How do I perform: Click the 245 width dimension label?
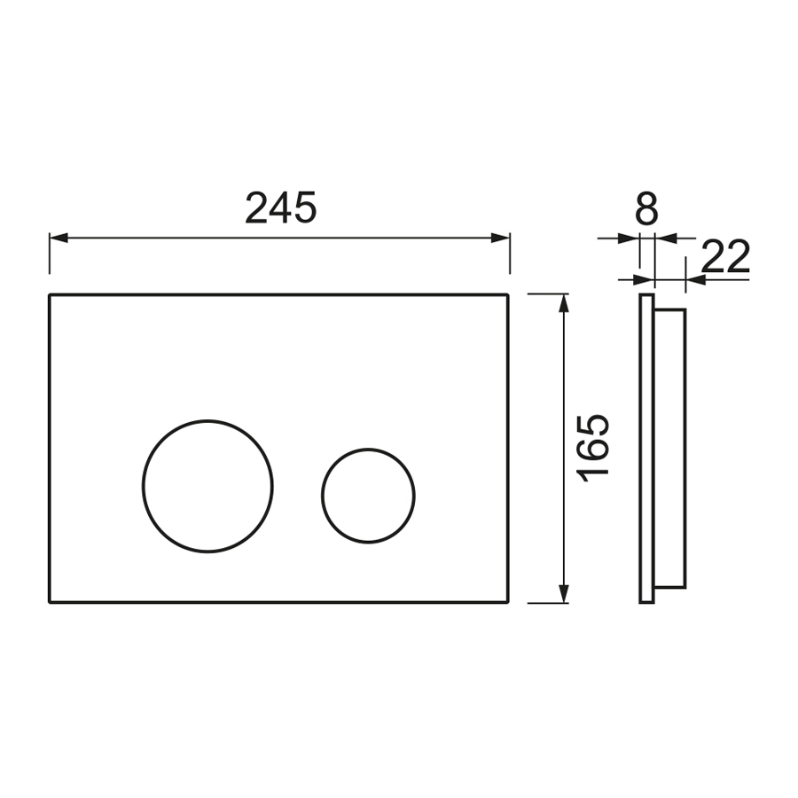click(280, 207)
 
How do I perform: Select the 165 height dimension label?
click(593, 448)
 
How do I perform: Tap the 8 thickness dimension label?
click(647, 208)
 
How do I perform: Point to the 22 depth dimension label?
click(725, 256)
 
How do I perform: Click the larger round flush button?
click(207, 421)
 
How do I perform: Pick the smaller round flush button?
click(368, 450)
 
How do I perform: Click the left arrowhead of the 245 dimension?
click(59, 238)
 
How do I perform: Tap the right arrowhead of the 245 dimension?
click(500, 238)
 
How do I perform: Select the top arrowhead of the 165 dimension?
click(563, 303)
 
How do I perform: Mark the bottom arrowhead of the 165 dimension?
click(563, 593)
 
